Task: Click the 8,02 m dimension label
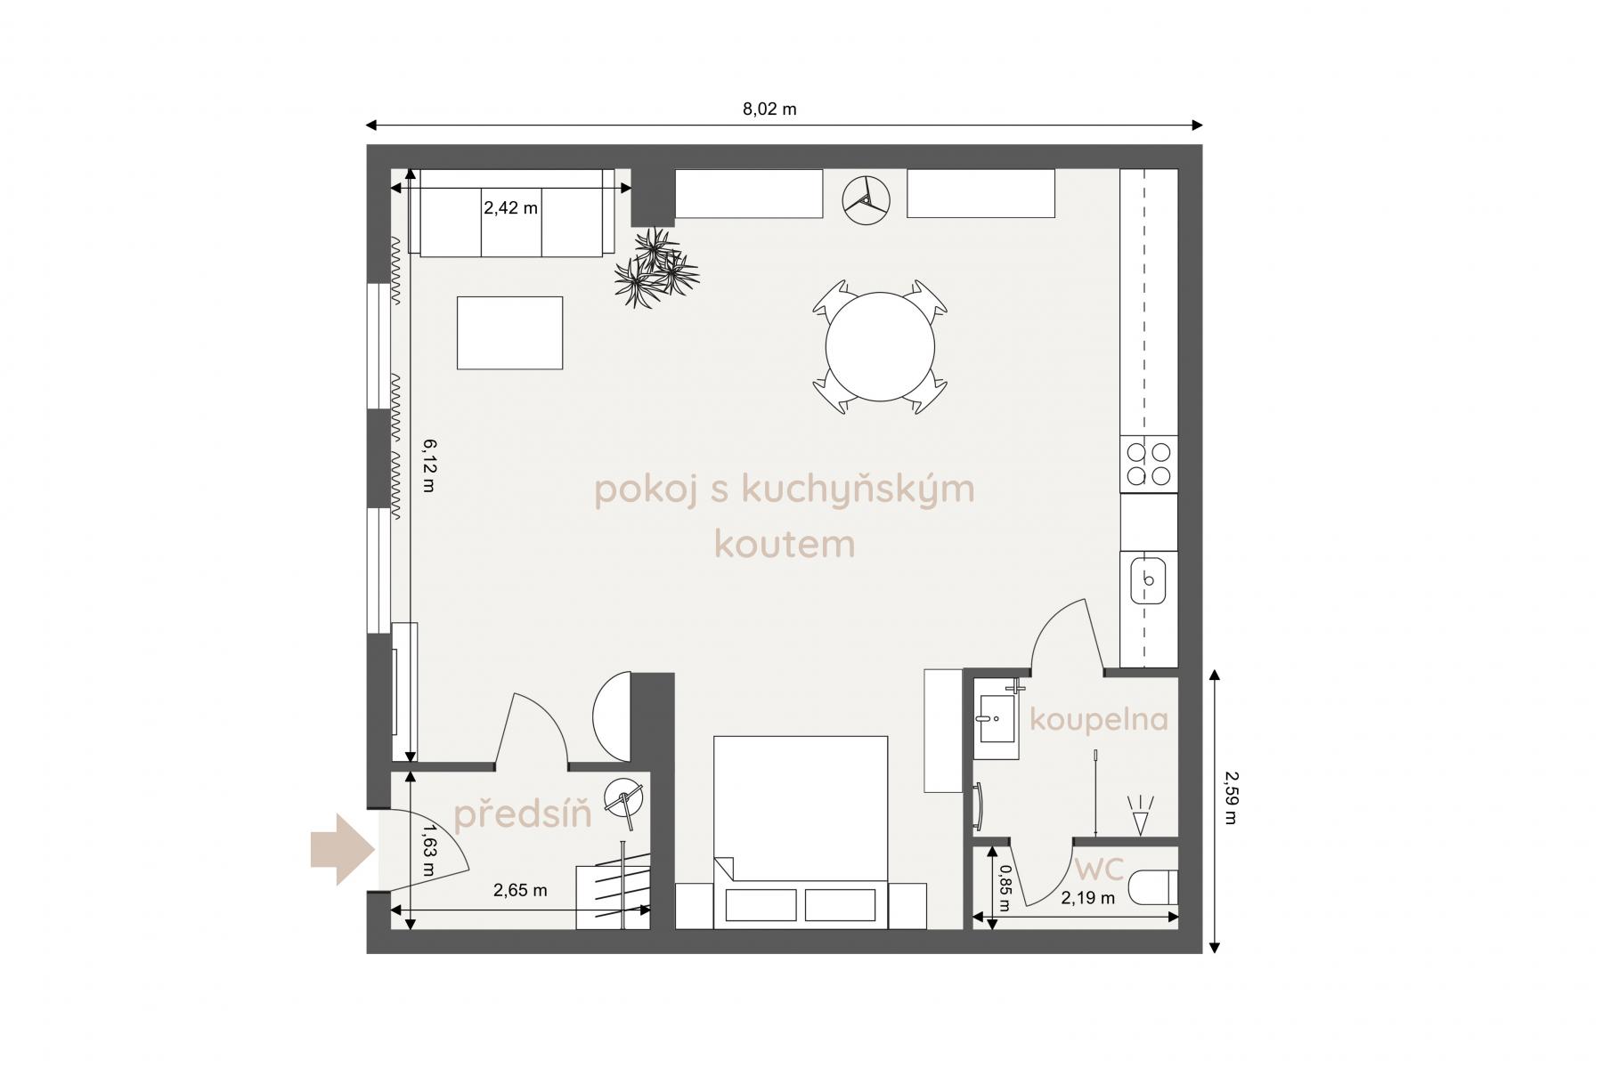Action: point(769,109)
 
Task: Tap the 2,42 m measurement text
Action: point(510,208)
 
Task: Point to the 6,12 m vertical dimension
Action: point(428,465)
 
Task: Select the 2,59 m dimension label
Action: point(1231,797)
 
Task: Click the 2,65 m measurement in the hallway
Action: point(520,890)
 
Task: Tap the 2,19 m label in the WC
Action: point(1087,898)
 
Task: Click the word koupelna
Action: point(1098,719)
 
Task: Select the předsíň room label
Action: point(523,813)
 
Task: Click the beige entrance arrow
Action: point(342,849)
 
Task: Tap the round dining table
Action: point(880,347)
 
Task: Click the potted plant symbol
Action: point(656,267)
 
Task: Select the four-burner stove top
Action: point(1149,464)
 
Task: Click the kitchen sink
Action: point(1149,579)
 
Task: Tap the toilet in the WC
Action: point(1153,887)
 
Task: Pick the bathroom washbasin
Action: point(997,719)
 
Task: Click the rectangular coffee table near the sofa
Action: point(509,333)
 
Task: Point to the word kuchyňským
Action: point(858,490)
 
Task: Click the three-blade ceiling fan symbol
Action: point(867,197)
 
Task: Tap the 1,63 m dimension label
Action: point(429,851)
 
